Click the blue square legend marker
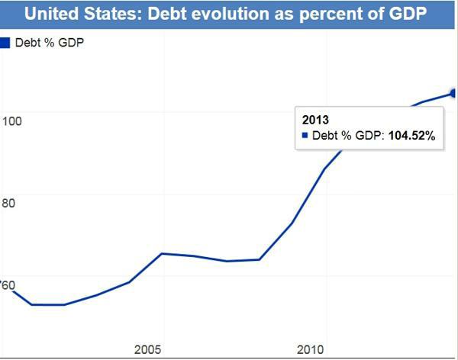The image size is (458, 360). [5, 43]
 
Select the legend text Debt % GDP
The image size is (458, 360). [49, 43]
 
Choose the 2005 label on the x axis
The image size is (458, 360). [148, 349]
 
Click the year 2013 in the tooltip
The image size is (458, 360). [315, 120]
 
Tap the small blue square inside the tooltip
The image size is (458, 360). [305, 136]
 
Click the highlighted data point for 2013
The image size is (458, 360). [454, 93]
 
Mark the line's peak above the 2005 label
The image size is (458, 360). [161, 253]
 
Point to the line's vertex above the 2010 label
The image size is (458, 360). [326, 168]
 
